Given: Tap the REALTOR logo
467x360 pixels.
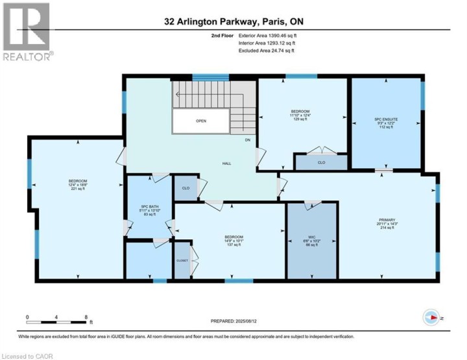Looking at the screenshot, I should [x=26, y=32].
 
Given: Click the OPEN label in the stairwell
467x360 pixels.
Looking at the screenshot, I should [x=200, y=121].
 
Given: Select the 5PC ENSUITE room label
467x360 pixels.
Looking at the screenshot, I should [x=385, y=122].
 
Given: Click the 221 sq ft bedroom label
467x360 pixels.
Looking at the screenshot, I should [x=78, y=184].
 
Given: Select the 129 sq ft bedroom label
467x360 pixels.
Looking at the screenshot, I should [x=299, y=114].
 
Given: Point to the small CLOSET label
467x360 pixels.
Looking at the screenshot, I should [x=182, y=260].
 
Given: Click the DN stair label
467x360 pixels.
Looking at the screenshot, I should [x=247, y=139].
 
